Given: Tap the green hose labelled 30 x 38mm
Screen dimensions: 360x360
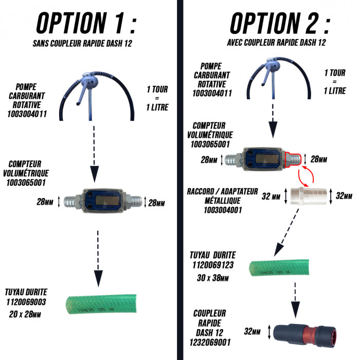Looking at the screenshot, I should pyautogui.click(x=279, y=267).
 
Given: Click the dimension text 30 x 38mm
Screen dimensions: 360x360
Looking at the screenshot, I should pyautogui.click(x=212, y=278).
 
